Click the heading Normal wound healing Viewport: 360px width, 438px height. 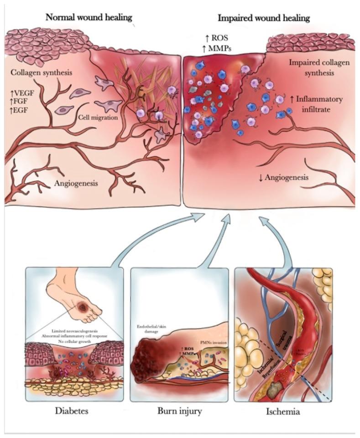[x=89, y=18]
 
